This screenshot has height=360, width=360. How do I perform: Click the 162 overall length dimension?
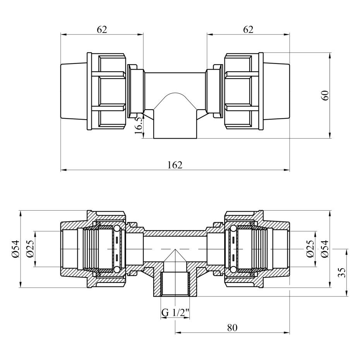coord(175,165)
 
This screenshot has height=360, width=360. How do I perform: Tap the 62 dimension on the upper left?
coord(102,30)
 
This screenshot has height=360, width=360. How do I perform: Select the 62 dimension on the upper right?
coord(248,30)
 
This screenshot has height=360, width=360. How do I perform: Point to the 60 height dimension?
coord(325,96)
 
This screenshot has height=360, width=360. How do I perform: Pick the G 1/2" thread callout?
coord(175,312)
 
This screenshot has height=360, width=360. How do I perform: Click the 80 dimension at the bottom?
coord(232,327)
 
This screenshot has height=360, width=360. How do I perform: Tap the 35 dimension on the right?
coord(343,273)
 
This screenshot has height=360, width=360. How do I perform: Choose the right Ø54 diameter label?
coord(325,249)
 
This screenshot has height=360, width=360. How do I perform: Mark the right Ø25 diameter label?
coord(310,249)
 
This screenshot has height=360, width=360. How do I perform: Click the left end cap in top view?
coord(74,91)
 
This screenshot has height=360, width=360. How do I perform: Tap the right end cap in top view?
coord(276,91)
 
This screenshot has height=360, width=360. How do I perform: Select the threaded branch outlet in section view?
coord(175,284)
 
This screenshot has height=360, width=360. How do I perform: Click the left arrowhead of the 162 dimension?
coord(63,170)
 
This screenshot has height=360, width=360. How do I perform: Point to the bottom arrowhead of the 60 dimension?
coord(330,135)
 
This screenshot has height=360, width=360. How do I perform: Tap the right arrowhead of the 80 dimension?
coord(287,333)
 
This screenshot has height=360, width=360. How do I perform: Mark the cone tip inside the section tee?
coord(175,249)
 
